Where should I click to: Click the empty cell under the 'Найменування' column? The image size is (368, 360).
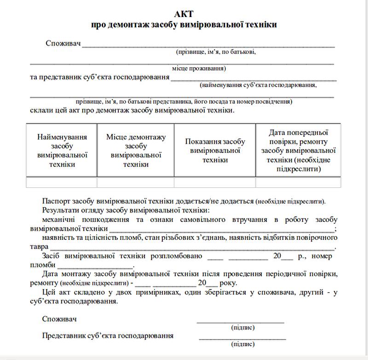coord(62,182)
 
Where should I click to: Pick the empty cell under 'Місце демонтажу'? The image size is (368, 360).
coord(136,182)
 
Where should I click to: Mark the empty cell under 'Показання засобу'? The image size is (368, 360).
coord(215,182)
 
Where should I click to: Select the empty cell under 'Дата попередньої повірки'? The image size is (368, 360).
coord(298,182)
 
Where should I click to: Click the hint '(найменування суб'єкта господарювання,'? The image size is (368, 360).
coord(258,85)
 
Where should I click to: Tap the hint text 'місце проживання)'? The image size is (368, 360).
coord(199,69)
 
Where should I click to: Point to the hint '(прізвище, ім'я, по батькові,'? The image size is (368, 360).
coord(216,52)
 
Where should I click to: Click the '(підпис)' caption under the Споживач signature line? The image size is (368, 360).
coord(243,328)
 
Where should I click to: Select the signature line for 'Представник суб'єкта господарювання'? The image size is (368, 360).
coord(242,338)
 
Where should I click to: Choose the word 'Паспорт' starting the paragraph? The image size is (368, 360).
coord(54,202)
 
